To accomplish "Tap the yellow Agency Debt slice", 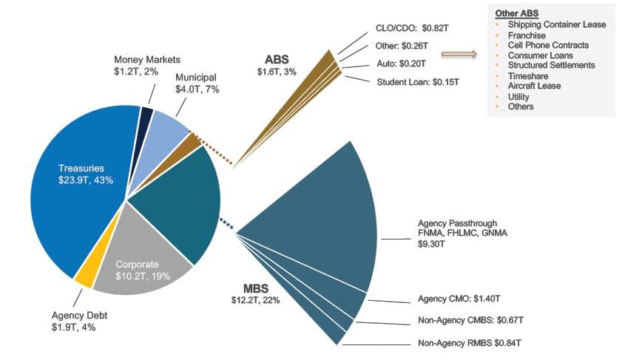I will pos(84,276).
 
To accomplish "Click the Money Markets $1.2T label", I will pos(146,64).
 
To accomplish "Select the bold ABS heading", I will pos(277,58).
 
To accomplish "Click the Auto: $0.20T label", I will pos(402,65).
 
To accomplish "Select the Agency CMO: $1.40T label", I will pos(459,299).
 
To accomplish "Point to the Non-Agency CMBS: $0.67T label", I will pos(472,321).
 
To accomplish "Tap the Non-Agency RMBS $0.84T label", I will pos(470,343).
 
